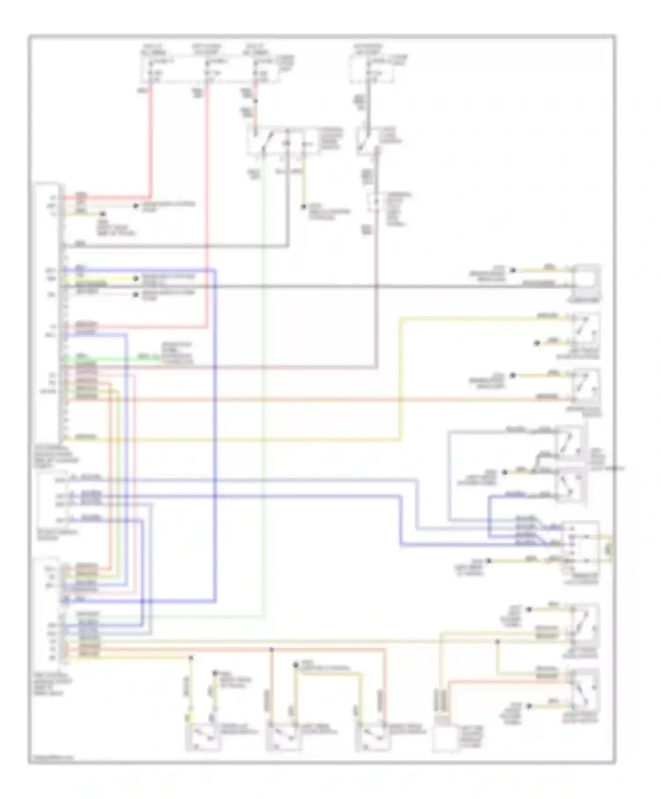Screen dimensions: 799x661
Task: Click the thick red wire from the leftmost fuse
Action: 151,141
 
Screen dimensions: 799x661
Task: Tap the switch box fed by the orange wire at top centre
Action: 282,141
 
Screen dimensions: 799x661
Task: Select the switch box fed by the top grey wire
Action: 369,141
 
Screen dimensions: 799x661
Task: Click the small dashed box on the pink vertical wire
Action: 376,203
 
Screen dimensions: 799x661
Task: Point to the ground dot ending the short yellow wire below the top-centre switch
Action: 304,206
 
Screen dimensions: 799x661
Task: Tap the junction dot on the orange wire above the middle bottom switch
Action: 272,650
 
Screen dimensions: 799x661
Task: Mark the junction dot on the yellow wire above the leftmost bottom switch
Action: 191,658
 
